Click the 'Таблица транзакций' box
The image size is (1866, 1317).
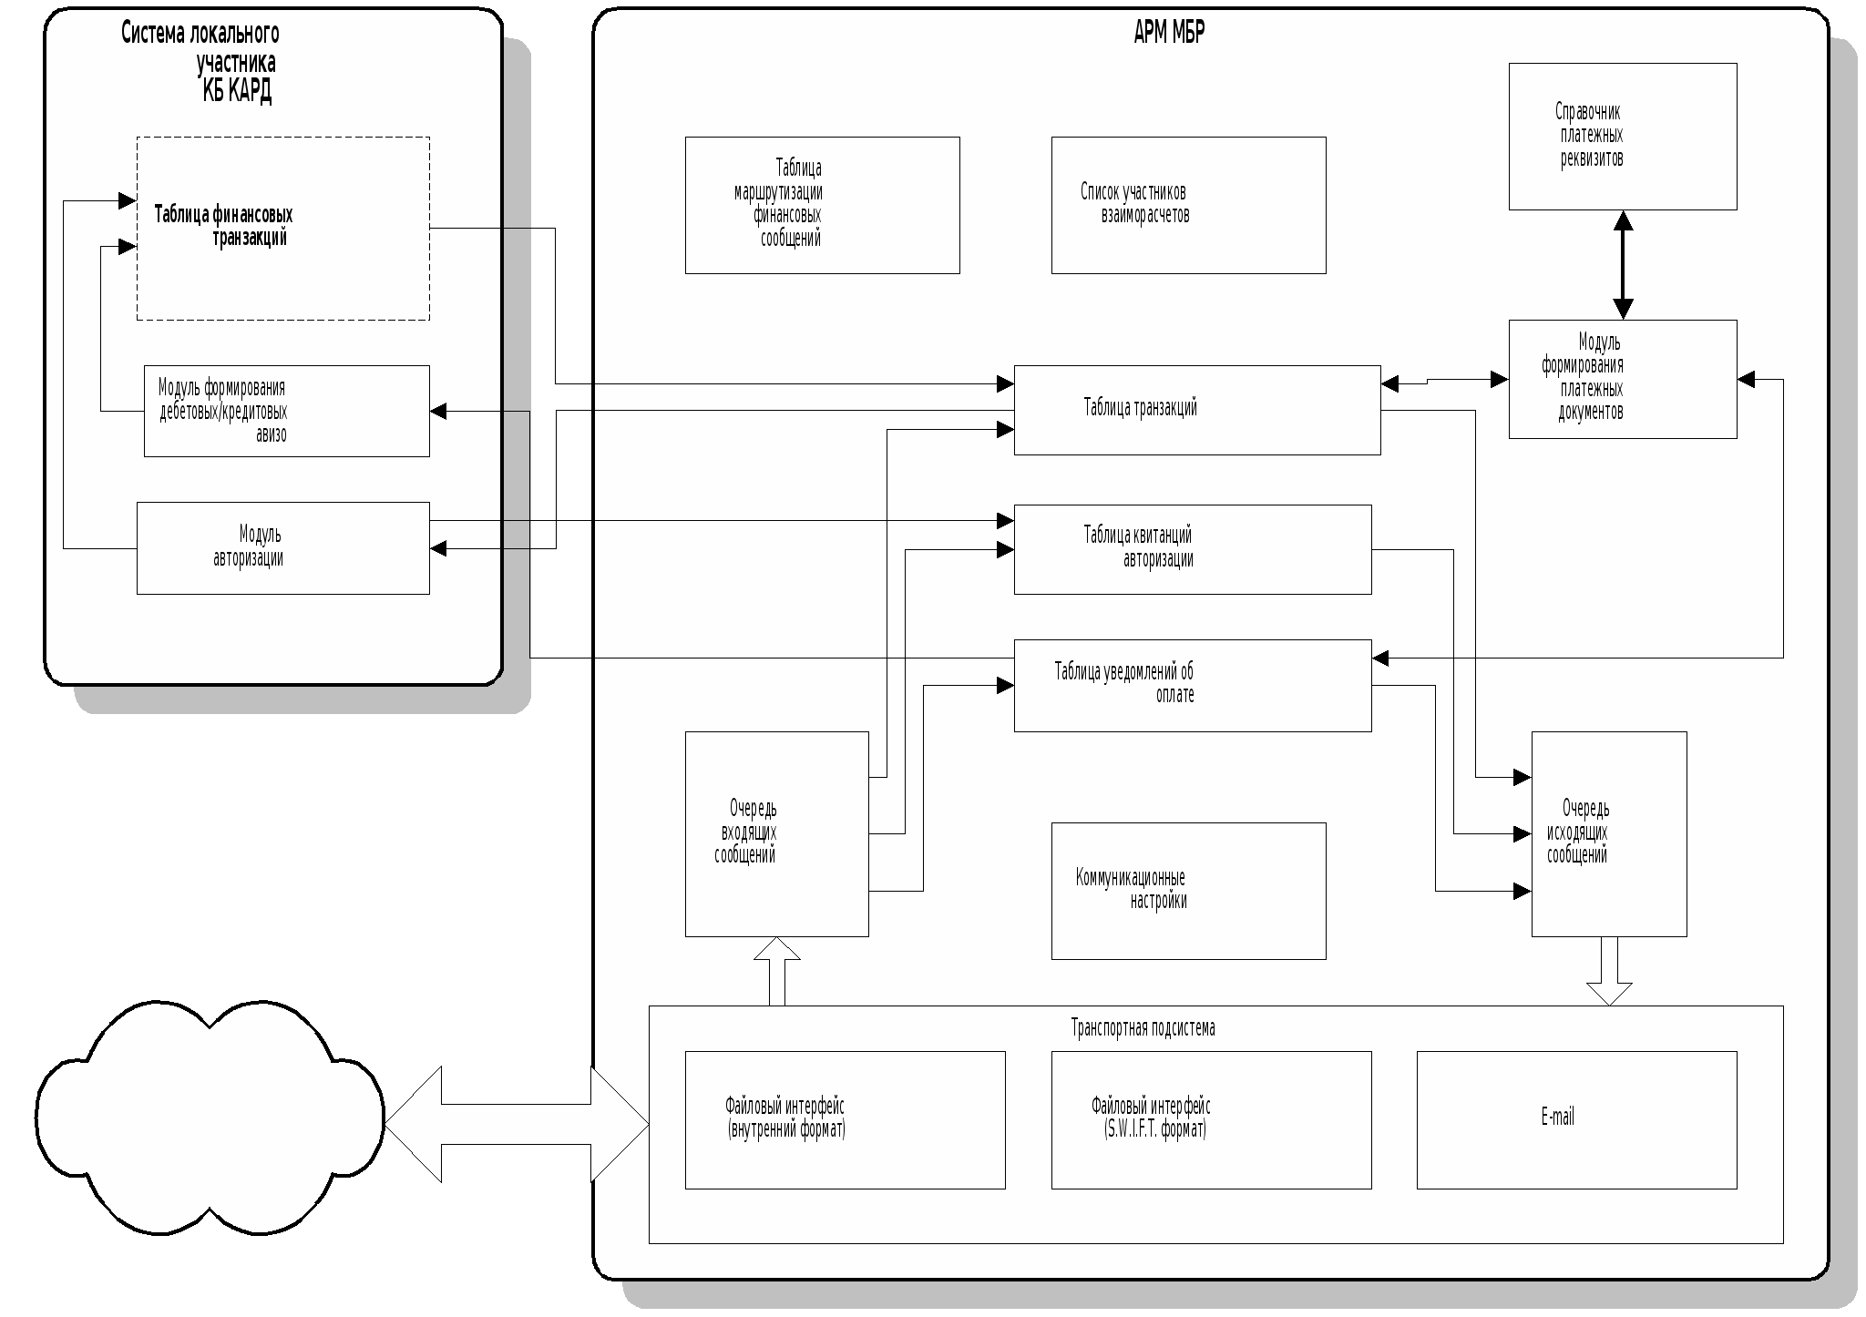(x=1196, y=410)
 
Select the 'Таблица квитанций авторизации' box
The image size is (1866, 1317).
(x=1192, y=549)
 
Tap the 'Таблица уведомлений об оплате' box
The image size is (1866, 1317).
(x=1192, y=685)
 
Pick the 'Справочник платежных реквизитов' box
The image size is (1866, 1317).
(x=1622, y=137)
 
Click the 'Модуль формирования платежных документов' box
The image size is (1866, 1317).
(x=1622, y=379)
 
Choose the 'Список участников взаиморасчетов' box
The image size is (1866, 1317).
(x=1188, y=205)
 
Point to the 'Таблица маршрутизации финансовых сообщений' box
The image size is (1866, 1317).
(x=822, y=205)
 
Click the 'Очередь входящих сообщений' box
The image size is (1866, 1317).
(x=776, y=833)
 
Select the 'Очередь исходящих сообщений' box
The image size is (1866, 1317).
(x=1608, y=833)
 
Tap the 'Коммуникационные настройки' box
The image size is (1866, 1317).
(x=1188, y=891)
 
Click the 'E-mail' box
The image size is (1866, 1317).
(x=1576, y=1119)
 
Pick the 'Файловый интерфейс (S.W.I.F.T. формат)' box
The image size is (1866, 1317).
(x=1211, y=1119)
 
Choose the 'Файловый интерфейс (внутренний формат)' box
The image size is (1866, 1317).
(x=845, y=1119)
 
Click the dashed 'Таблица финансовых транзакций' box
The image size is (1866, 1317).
(x=282, y=228)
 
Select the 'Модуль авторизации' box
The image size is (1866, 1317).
(x=282, y=547)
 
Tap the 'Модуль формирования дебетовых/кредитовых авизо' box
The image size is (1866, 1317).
(x=286, y=411)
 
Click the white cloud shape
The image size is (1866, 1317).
(x=210, y=1118)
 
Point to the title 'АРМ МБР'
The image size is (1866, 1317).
(x=1169, y=33)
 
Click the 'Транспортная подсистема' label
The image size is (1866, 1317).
(x=1143, y=1028)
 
